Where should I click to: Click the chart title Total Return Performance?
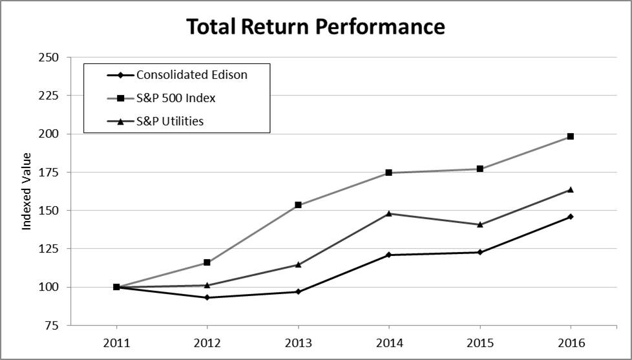[x=315, y=26]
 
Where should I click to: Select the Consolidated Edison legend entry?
[x=192, y=74]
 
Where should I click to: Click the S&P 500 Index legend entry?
[x=176, y=98]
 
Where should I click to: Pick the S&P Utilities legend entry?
[x=170, y=121]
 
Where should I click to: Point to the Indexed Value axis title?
[x=27, y=191]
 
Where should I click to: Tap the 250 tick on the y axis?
[x=49, y=58]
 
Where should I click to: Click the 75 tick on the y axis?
[x=52, y=325]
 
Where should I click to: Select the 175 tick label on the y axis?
[x=49, y=172]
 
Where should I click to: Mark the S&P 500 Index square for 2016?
[x=571, y=136]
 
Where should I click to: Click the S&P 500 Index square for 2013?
[x=298, y=205]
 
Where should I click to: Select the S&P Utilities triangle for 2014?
[x=389, y=213]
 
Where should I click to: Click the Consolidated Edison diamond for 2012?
[x=207, y=297]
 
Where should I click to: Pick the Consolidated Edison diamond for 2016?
[x=571, y=217]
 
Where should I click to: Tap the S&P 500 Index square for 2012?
[x=207, y=262]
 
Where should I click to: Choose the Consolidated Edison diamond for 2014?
[x=389, y=255]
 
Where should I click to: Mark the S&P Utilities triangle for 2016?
[x=571, y=189]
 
